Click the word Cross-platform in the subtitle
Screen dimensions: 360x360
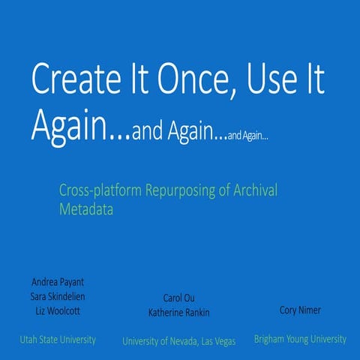[97, 190]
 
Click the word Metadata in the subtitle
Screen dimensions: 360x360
[86, 210]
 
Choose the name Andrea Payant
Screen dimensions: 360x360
[57, 282]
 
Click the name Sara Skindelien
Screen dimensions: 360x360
[57, 296]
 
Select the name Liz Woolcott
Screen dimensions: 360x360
[57, 310]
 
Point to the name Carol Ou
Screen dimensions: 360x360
[179, 298]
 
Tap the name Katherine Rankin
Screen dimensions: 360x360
[179, 312]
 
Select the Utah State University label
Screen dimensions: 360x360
[58, 340]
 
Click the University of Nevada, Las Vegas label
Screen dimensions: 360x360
[179, 341]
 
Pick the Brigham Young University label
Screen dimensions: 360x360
[300, 339]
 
